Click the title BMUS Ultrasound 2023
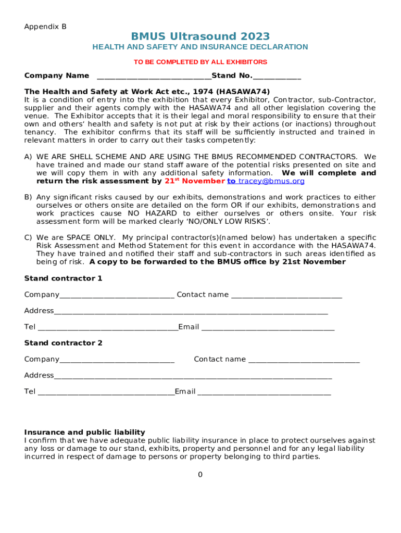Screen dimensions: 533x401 click(200, 36)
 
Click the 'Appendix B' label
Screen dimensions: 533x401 click(45, 27)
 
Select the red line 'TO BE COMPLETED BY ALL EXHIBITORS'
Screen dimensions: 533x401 click(200, 62)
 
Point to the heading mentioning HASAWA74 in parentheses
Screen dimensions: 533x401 click(147, 92)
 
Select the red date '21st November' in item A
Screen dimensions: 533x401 click(194, 181)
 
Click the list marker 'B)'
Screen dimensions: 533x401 click(28, 197)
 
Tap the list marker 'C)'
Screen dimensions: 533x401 click(28, 238)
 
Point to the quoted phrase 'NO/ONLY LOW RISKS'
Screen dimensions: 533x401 click(243, 222)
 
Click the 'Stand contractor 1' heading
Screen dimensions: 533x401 click(63, 278)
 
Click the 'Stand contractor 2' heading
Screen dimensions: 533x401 click(63, 343)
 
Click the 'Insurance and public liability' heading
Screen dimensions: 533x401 click(84, 433)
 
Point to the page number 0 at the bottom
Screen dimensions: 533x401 click(200, 475)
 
